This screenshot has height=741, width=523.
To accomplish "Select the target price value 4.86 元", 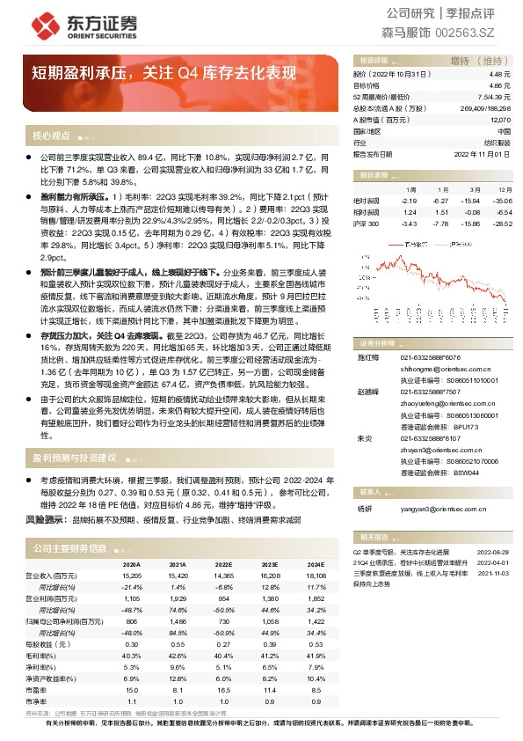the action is (501, 86).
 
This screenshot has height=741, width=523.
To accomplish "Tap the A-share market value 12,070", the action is (499, 119).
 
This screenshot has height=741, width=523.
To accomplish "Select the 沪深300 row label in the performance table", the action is (366, 224).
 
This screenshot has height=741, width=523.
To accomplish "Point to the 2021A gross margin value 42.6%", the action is (178, 655).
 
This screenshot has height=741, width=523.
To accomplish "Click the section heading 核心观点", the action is (51, 136).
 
